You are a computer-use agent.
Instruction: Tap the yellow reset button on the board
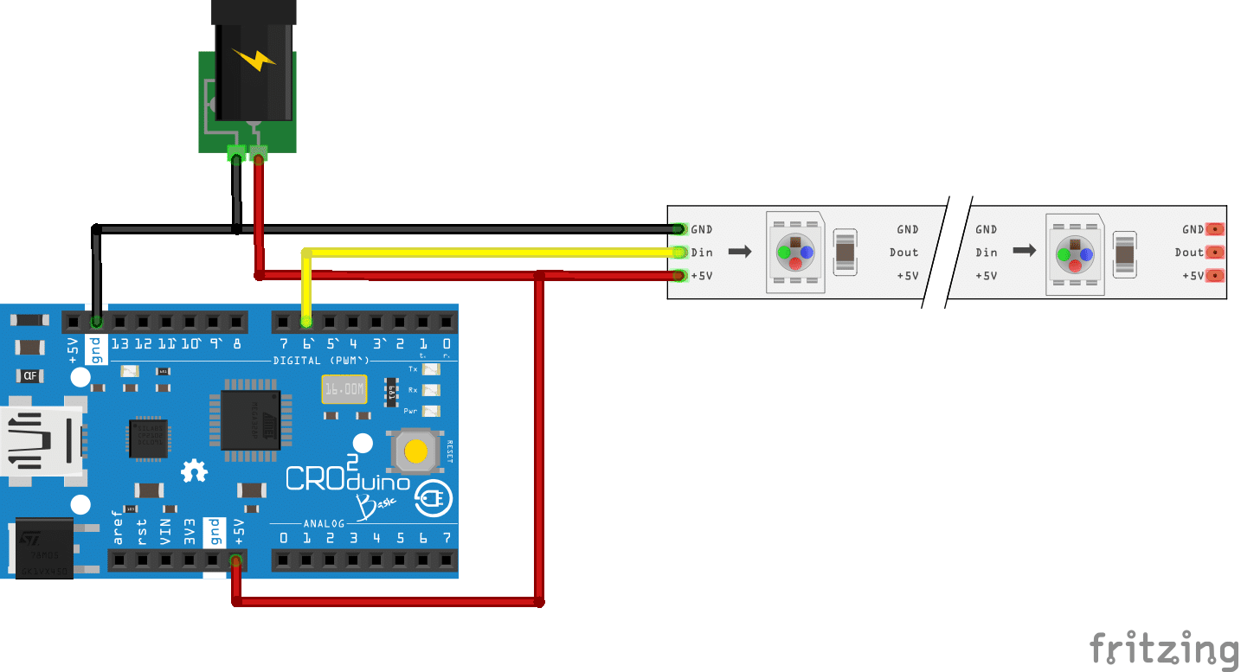point(416,451)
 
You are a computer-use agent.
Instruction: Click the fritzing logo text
point(1163,650)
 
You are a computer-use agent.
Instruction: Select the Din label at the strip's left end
point(702,253)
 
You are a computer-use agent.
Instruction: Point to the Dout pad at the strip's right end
point(1215,253)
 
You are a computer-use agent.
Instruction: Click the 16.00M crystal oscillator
point(344,390)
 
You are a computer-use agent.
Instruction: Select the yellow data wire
point(485,253)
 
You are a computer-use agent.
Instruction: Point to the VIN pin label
point(165,531)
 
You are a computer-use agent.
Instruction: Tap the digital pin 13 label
point(119,343)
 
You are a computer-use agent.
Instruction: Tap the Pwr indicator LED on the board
point(431,411)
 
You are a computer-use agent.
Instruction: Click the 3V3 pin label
point(189,531)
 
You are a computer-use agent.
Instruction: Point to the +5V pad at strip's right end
point(1215,276)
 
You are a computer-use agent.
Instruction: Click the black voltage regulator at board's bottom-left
point(43,547)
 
